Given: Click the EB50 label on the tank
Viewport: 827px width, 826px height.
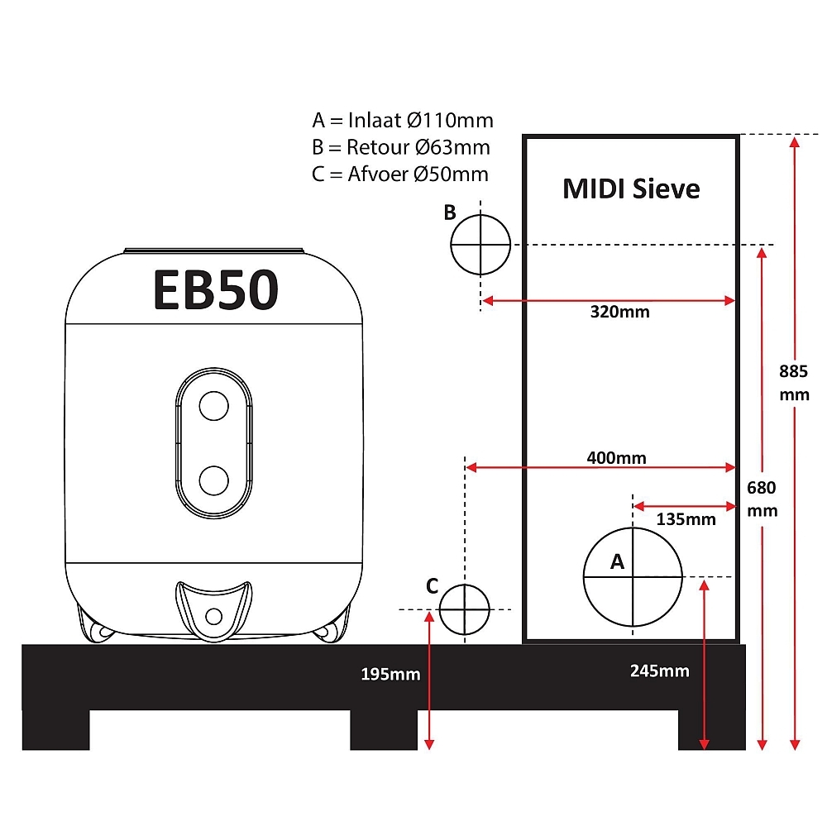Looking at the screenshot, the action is pos(216,289).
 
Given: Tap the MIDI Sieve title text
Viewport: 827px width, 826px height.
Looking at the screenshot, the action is pos(631,189).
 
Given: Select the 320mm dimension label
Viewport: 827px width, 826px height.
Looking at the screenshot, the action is pos(619,312).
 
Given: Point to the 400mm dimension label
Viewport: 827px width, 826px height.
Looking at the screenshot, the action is pos(617,457).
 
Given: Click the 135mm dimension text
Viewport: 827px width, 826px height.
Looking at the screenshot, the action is pos(686,519).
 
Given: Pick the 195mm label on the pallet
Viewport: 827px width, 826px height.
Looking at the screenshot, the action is pos(390,674).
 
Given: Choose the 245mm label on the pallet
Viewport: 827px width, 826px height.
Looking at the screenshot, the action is pos(659,671).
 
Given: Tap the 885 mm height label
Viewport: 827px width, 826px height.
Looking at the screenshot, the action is pos(794,383).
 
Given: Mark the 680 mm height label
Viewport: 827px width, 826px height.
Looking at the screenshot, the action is pos(762,499).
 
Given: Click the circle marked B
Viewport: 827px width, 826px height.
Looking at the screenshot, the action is pos(451,245).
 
